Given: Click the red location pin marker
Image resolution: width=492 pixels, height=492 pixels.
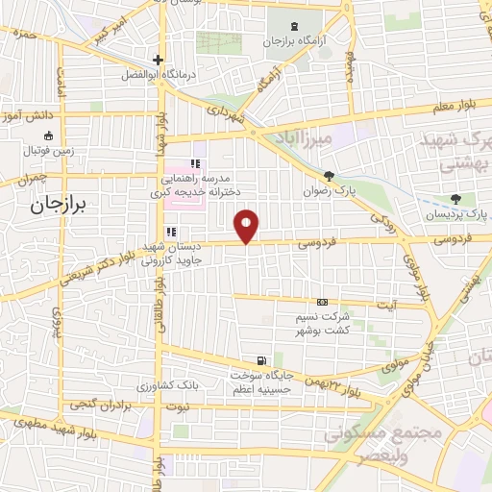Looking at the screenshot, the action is click(x=247, y=225).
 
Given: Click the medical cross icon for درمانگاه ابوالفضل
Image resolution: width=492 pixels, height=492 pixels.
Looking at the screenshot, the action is click(x=158, y=60).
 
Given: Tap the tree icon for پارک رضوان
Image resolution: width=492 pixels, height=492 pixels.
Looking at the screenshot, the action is click(x=330, y=176).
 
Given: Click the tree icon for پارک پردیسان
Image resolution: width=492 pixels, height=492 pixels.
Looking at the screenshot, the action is click(x=455, y=199).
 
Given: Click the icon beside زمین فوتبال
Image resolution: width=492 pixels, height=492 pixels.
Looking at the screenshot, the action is click(x=23, y=150).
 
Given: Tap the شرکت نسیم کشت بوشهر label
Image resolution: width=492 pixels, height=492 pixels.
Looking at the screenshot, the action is click(x=321, y=322).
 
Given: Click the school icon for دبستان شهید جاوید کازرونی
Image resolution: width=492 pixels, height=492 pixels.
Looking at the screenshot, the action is click(x=171, y=232).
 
